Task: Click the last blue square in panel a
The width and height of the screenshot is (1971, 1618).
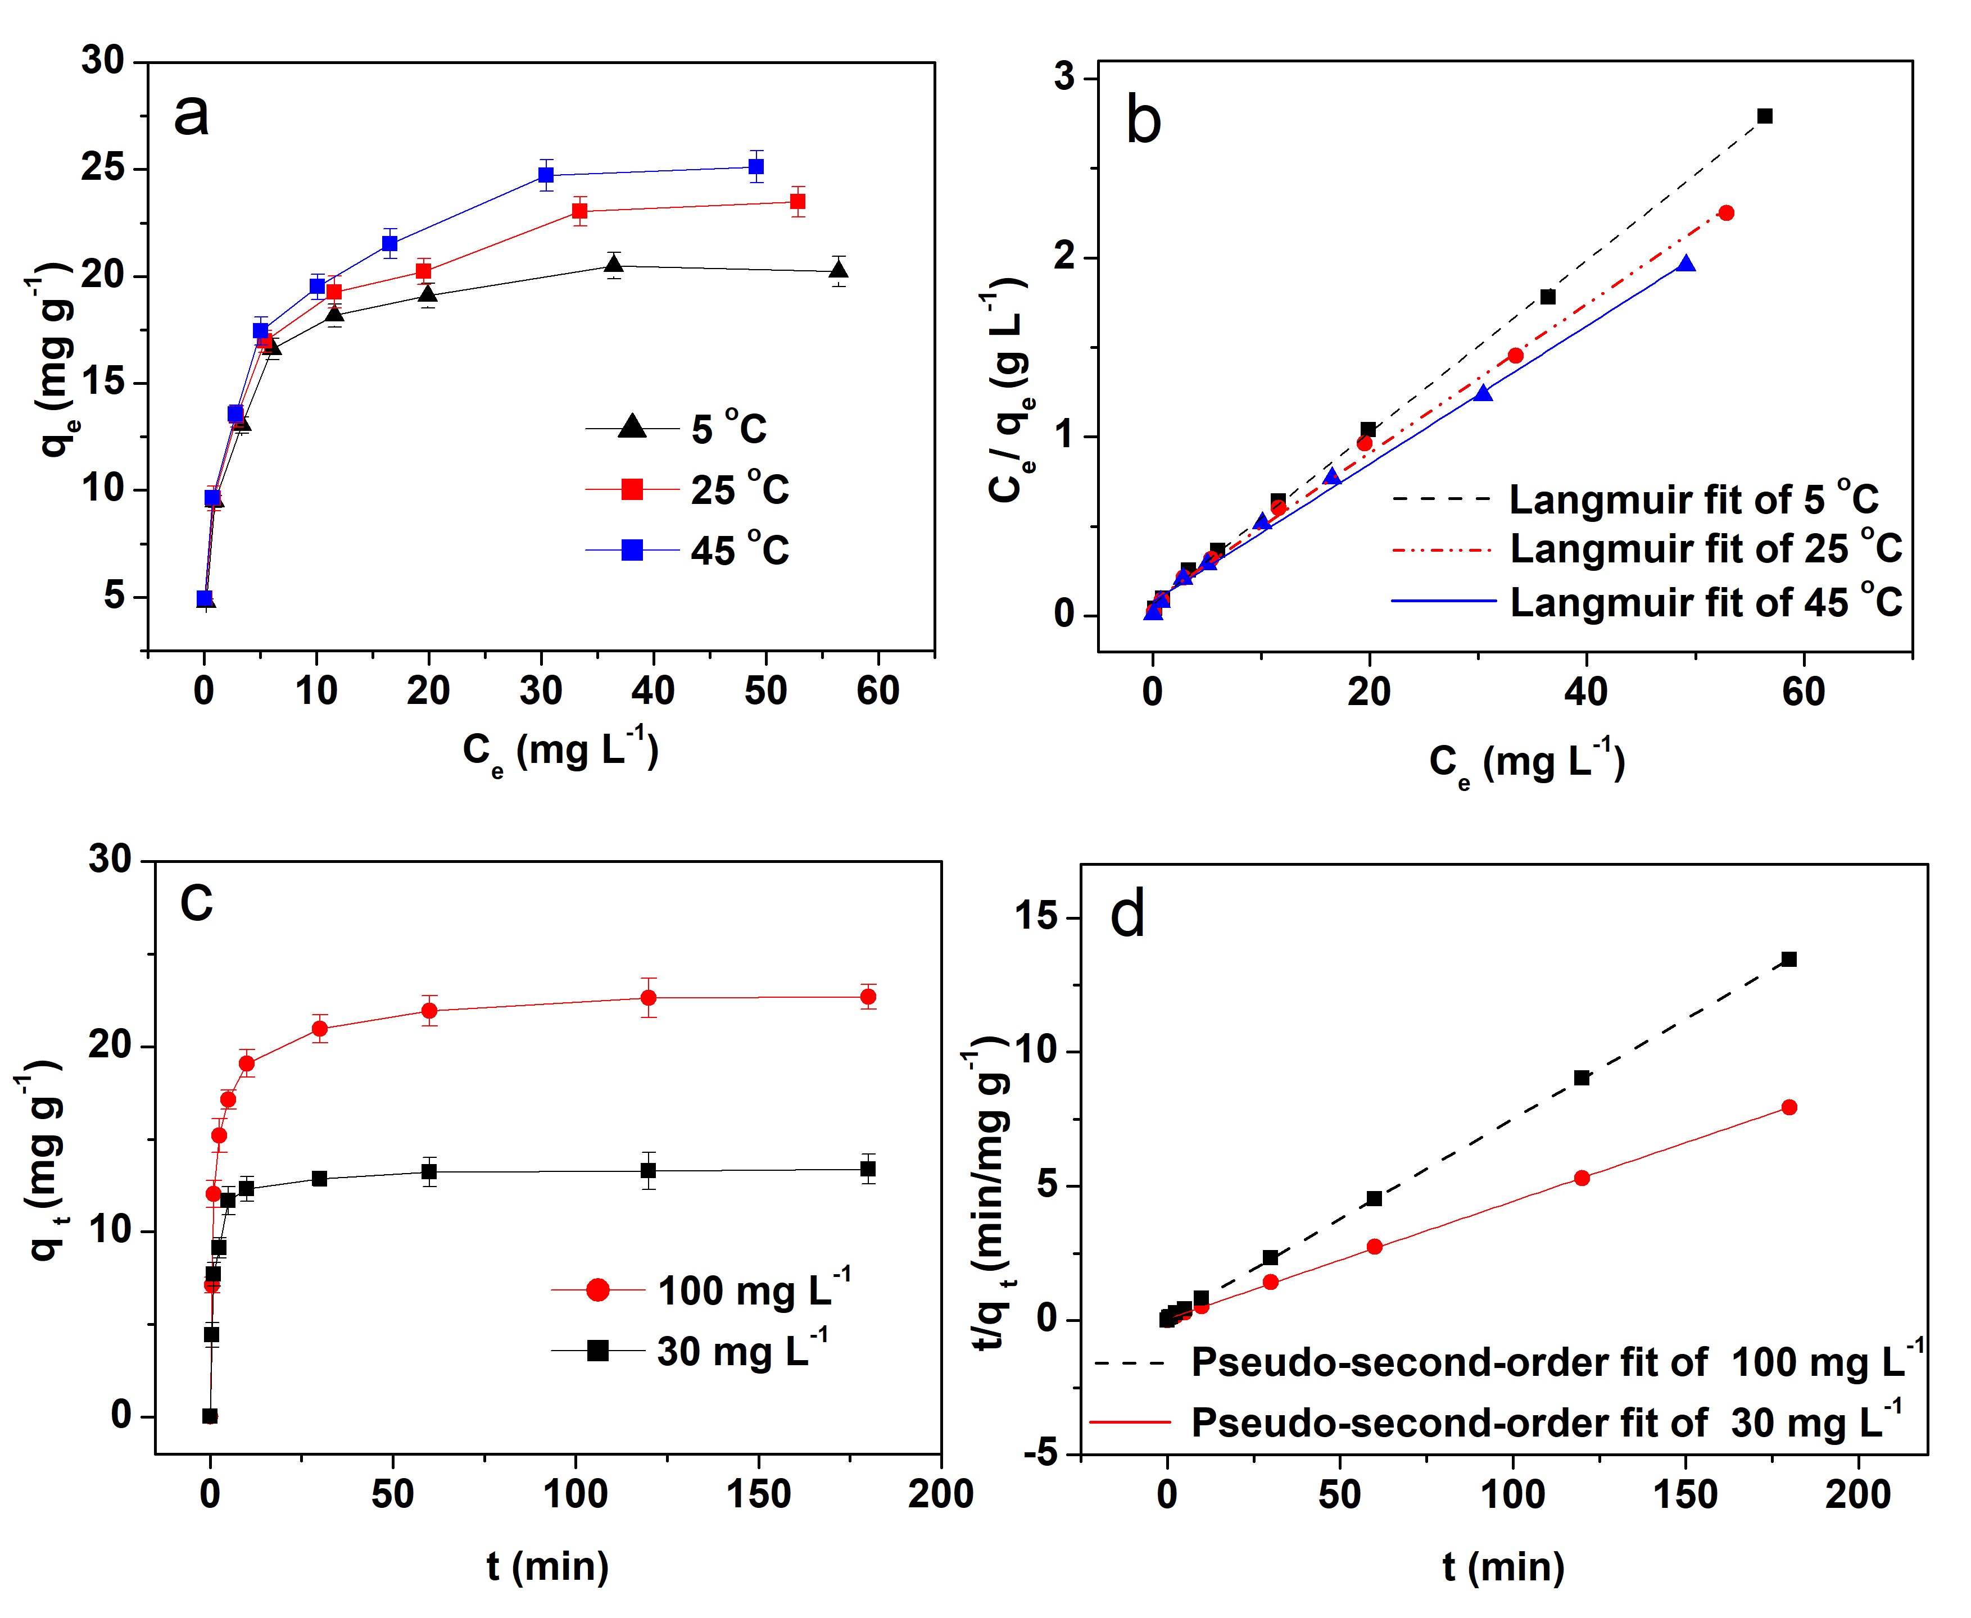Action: pos(756,167)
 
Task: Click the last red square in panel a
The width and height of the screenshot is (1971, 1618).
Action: pos(797,201)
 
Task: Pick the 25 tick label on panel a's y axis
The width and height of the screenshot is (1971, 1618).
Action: pos(102,168)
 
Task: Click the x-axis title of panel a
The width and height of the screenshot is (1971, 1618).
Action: pos(560,751)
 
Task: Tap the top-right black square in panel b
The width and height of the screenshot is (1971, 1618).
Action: pos(1764,116)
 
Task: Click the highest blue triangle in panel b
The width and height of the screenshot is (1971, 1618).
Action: pos(1685,263)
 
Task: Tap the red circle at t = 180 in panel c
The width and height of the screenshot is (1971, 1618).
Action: pos(868,997)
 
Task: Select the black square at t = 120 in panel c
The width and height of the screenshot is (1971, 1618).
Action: pos(648,1171)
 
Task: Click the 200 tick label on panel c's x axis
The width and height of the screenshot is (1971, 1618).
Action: pos(940,1494)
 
